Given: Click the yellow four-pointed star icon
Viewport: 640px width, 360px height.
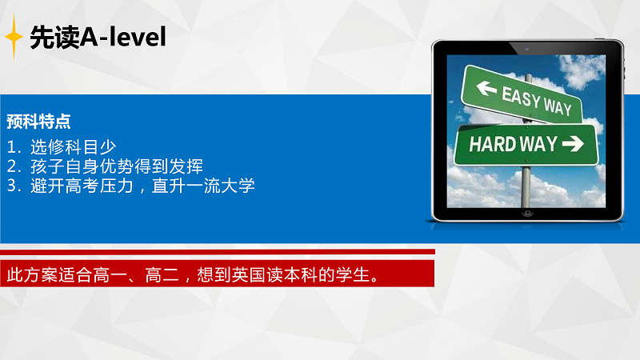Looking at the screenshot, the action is coord(14,37).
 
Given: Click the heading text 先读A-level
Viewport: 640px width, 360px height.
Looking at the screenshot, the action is coord(98,37).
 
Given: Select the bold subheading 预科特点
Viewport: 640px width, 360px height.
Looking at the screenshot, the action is coord(38,122).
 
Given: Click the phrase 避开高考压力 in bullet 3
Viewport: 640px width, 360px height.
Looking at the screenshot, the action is coord(82,186).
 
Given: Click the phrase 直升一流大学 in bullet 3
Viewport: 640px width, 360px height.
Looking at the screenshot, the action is coord(203,186).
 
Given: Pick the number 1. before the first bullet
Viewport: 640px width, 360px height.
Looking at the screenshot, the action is coord(14,147).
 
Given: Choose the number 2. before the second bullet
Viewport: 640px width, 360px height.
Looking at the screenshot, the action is coord(14,166).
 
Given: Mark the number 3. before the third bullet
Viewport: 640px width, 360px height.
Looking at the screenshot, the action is coord(14,186).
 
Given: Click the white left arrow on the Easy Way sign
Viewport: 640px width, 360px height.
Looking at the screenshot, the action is coord(486,88).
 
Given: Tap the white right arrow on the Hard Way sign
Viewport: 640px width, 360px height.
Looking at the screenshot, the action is coord(573,143).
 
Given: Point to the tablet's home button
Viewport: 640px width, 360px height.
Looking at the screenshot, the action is coord(527,213).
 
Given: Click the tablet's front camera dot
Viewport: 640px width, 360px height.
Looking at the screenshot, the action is coord(526,49).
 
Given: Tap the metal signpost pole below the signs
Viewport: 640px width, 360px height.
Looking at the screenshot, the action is coord(526,186).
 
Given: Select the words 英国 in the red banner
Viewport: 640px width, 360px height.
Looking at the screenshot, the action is coord(249,274).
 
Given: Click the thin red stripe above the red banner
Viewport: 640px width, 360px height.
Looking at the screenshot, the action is coord(218,252).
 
